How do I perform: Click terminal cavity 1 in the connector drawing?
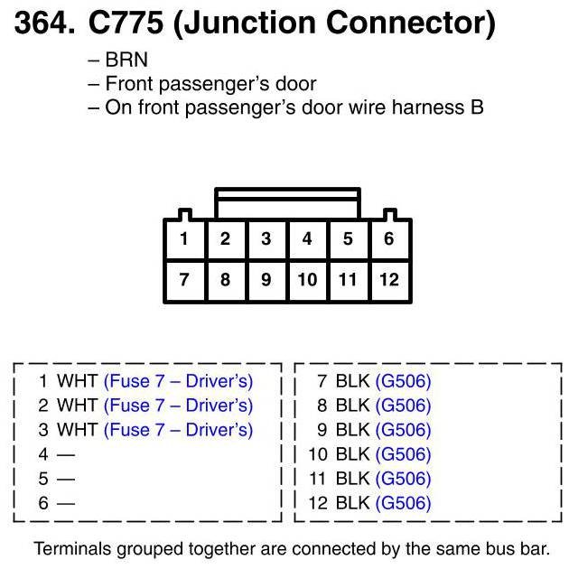[x=184, y=239]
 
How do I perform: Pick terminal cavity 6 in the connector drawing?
[x=389, y=239]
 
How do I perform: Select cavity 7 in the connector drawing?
[x=184, y=279]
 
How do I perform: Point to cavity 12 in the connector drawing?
[x=389, y=279]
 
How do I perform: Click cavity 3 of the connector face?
[x=266, y=239]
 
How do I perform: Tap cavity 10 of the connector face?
[x=307, y=279]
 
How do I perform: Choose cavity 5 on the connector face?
[x=348, y=239]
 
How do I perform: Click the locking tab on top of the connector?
[x=287, y=202]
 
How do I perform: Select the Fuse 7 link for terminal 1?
[x=179, y=381]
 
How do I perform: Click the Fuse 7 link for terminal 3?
[x=179, y=430]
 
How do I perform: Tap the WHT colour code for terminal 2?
[x=78, y=406]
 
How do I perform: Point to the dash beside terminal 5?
[x=67, y=479]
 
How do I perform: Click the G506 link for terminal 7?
[x=404, y=381]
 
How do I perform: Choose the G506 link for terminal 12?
[x=404, y=503]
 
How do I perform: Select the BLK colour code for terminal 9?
[x=352, y=430]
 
